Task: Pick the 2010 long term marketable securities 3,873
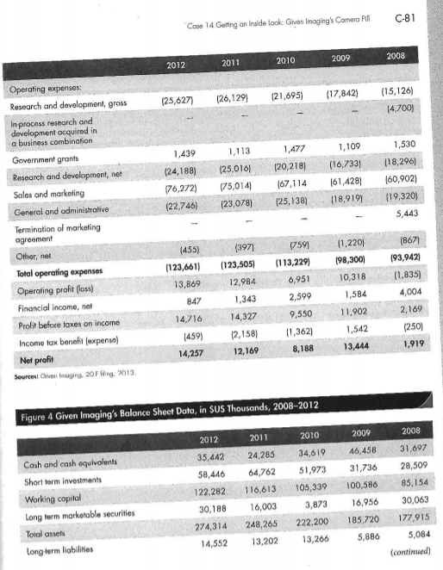(x=295, y=506)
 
